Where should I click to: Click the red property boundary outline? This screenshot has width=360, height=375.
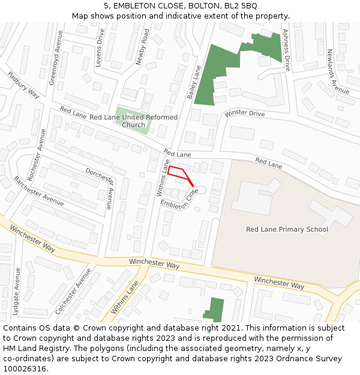[179, 173]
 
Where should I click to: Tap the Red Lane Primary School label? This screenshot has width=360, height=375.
[287, 229]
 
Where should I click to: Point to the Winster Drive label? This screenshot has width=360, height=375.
[244, 114]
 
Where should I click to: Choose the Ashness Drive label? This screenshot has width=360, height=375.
[286, 50]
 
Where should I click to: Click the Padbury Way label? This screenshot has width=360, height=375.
[23, 85]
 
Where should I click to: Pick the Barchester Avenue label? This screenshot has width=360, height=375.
[38, 191]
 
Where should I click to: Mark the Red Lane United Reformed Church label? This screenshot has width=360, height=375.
[133, 121]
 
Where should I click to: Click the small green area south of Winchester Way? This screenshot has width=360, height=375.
[214, 310]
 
